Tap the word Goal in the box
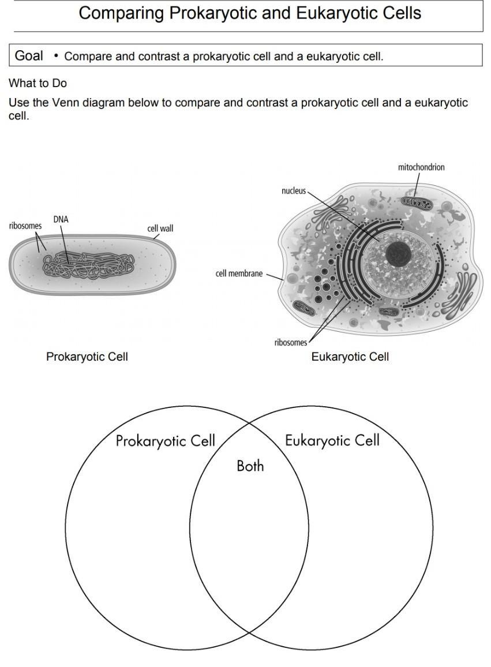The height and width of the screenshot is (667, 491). pyautogui.click(x=29, y=56)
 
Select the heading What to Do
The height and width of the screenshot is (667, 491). pyautogui.click(x=38, y=83)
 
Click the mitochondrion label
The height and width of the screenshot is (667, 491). pyautogui.click(x=421, y=167)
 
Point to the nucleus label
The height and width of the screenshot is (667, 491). pyautogui.click(x=294, y=190)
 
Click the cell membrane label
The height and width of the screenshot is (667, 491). pyautogui.click(x=239, y=273)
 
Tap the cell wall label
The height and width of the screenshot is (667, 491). pyautogui.click(x=160, y=228)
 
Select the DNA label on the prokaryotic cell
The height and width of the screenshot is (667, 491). pyautogui.click(x=61, y=219)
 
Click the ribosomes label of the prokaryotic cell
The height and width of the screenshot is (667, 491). pyautogui.click(x=25, y=226)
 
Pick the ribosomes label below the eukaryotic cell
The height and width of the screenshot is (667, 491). pyautogui.click(x=291, y=343)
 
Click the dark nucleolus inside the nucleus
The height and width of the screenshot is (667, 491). pyautogui.click(x=398, y=254)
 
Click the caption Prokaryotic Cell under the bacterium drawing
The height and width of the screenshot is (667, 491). pyautogui.click(x=87, y=357)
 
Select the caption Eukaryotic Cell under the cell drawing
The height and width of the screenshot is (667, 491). pyautogui.click(x=350, y=357)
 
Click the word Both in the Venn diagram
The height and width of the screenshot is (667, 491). pyautogui.click(x=250, y=466)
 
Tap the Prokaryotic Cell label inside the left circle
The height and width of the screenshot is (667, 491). pyautogui.click(x=165, y=441)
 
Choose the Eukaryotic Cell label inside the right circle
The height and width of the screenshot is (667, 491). pyautogui.click(x=332, y=441)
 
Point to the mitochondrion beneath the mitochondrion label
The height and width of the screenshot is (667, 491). pyautogui.click(x=415, y=203)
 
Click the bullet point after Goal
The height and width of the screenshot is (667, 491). pyautogui.click(x=56, y=56)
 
